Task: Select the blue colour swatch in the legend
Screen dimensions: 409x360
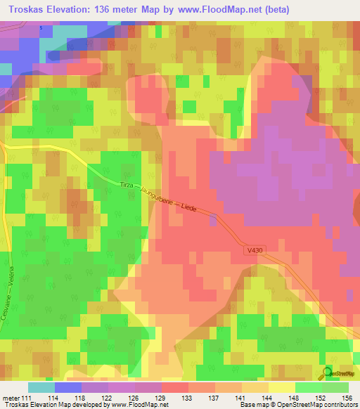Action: tap(68, 387)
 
